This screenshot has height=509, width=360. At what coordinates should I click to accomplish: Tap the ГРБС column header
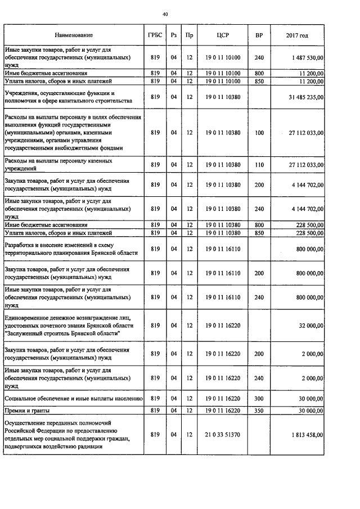[155, 35]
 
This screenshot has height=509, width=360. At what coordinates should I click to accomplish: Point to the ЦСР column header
[222, 35]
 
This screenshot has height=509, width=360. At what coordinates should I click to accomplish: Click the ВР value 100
[259, 133]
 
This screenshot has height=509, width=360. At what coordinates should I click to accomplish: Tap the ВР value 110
[259, 164]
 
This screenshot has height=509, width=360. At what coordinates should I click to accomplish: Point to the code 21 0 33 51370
[222, 435]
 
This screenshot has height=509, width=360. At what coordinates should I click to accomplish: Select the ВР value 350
[259, 411]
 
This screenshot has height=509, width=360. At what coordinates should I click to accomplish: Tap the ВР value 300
[259, 399]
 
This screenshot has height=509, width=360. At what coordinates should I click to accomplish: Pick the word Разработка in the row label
[21, 245]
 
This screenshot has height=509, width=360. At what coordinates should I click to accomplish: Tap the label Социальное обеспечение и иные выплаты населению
[73, 399]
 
